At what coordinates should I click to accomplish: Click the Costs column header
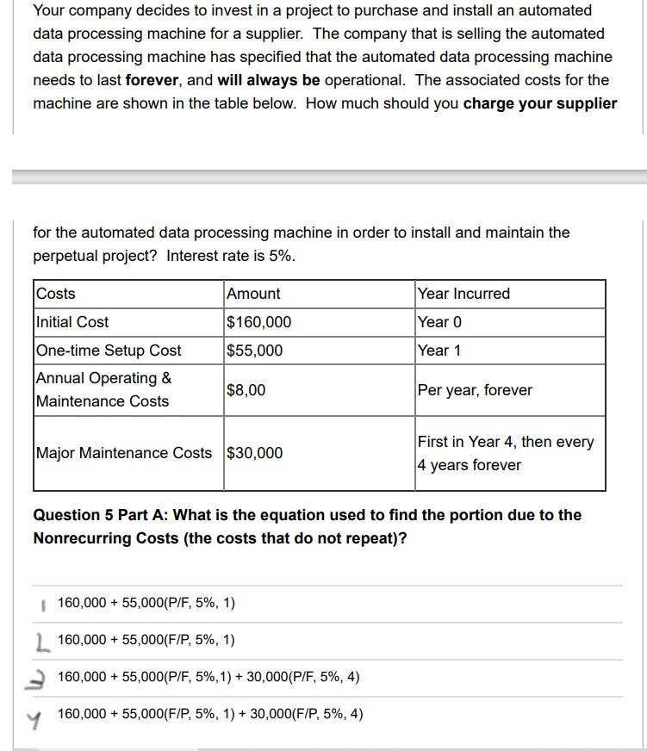coord(56,294)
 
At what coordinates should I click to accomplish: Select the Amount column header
coord(253,294)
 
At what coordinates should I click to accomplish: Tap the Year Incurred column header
coord(463,294)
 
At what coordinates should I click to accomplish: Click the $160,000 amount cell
coord(258,322)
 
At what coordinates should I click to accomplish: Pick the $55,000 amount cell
coord(254,351)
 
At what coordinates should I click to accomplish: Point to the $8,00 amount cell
coord(246,390)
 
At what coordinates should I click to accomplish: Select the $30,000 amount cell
coord(254,453)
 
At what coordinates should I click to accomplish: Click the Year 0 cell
coord(439,322)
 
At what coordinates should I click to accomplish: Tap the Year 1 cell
coord(439,351)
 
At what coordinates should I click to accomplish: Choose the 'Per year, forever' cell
coord(475,390)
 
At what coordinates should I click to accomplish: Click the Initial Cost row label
coord(72,322)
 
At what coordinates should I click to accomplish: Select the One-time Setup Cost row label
coord(109,351)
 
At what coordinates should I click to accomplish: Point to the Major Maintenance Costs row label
coord(123,453)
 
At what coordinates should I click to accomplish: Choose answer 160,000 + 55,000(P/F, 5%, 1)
coord(146,603)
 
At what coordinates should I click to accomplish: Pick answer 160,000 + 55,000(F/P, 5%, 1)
coord(146,640)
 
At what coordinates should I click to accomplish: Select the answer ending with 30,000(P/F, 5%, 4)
coord(208,677)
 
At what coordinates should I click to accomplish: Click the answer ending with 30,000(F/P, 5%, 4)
coord(210,714)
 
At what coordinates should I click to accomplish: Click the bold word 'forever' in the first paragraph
coord(152,80)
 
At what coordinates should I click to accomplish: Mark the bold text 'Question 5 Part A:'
coord(101,515)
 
